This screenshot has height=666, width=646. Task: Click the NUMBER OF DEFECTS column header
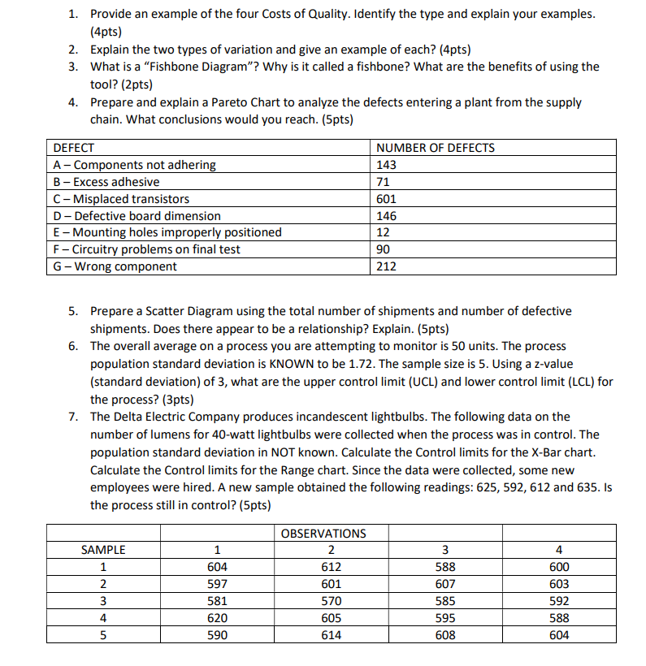tap(436, 148)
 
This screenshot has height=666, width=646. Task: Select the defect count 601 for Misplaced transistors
tap(387, 199)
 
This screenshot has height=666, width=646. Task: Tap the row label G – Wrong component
tap(115, 266)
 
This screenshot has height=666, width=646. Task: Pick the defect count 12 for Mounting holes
tap(384, 232)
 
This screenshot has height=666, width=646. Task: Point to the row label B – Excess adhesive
tap(106, 182)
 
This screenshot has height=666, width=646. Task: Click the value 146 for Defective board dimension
tap(387, 216)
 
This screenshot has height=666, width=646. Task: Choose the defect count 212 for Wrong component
tap(387, 266)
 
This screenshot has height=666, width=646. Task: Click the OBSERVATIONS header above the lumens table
tap(323, 534)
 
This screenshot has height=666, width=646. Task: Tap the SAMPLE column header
tap(103, 551)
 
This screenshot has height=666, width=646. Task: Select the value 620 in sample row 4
tap(217, 618)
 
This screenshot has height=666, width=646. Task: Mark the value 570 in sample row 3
tap(331, 601)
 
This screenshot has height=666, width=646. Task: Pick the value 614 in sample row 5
tap(331, 635)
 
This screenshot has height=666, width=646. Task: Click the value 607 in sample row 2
tap(445, 584)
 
